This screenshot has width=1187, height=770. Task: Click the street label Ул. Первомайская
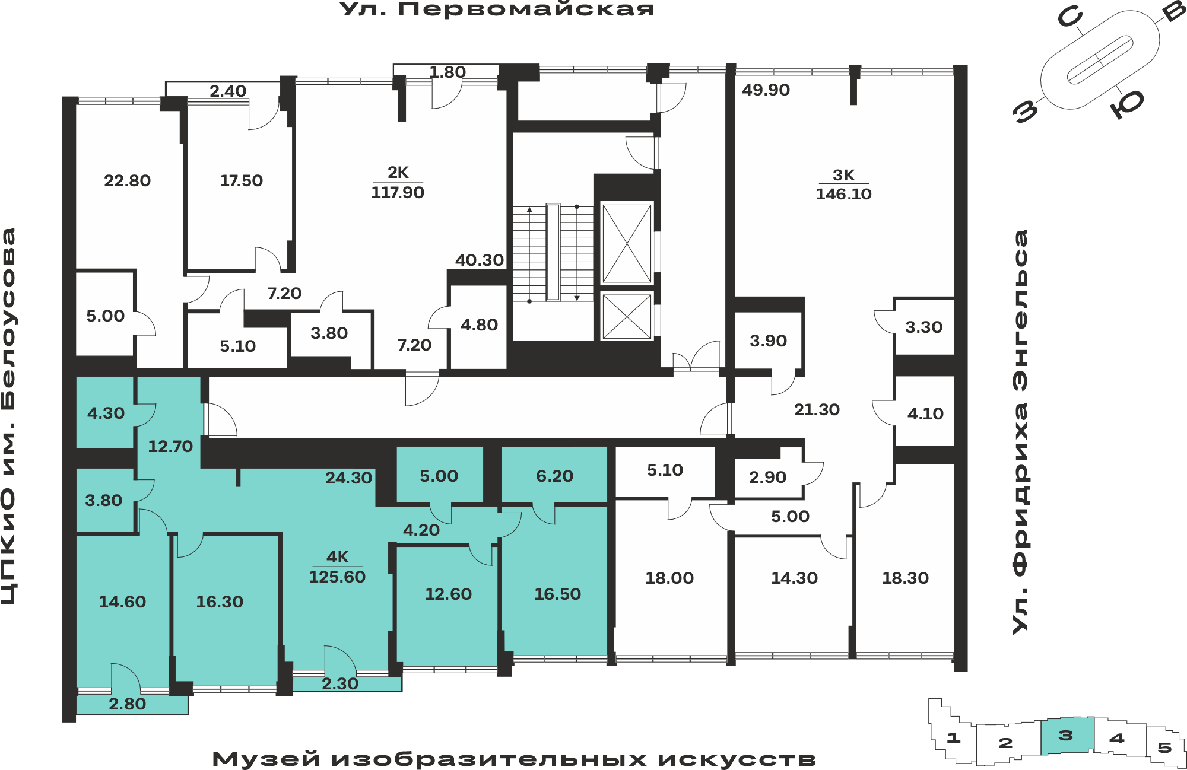point(497,9)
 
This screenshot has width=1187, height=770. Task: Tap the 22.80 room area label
point(127,180)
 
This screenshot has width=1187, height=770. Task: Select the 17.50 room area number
point(241,180)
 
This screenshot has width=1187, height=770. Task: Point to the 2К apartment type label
point(398,172)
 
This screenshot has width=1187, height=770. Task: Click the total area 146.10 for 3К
point(843,194)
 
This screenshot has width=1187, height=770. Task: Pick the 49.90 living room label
point(766,90)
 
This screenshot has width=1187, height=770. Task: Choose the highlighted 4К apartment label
point(337,556)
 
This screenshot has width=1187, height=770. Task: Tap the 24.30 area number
point(348,478)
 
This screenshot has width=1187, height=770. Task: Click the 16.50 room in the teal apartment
point(557,594)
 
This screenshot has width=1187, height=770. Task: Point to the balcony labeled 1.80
point(447,72)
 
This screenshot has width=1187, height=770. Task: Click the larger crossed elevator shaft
point(627,244)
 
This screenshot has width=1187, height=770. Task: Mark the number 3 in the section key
point(1066,736)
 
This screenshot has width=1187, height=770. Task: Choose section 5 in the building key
point(1164,747)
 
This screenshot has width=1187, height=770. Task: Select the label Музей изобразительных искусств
point(514,759)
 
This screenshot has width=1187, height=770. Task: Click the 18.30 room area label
point(905,578)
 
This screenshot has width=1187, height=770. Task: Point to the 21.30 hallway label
point(817,409)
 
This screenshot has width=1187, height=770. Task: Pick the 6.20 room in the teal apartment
point(554,476)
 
